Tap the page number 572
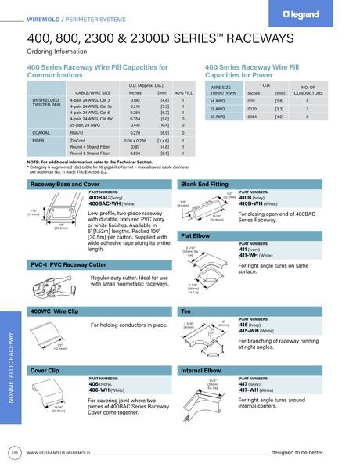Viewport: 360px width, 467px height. [14, 452]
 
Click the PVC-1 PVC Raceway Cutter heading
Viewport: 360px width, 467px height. [63, 266]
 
